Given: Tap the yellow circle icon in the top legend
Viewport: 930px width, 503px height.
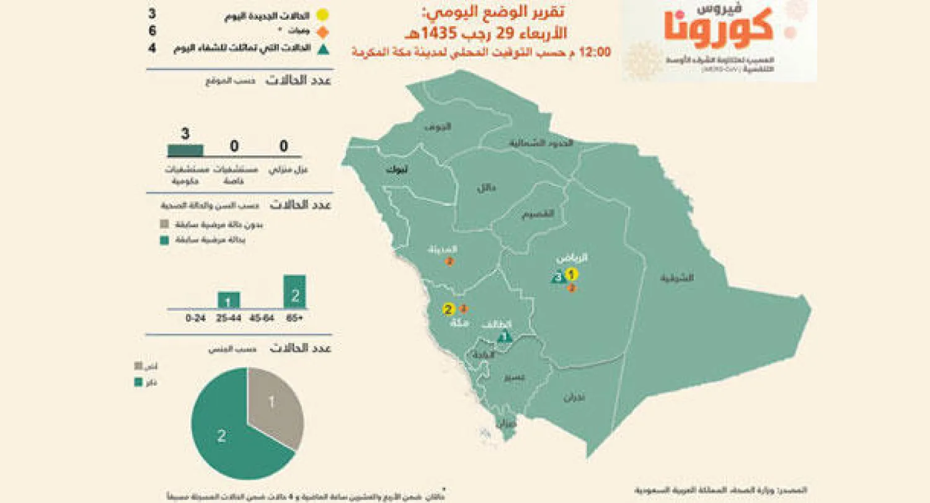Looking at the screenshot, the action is (x=321, y=15).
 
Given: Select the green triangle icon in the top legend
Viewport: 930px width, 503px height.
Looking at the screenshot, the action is (x=321, y=48).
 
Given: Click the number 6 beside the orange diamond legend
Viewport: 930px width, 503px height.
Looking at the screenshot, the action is (x=153, y=32).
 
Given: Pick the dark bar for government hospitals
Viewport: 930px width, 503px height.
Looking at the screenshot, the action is (x=185, y=150).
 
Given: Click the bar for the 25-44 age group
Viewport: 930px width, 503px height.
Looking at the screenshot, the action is (x=229, y=300).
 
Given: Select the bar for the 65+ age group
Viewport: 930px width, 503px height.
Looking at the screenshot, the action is (x=294, y=292).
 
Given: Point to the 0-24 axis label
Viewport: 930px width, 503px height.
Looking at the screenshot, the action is (x=195, y=318).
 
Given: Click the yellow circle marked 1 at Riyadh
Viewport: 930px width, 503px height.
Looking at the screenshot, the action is (x=572, y=274).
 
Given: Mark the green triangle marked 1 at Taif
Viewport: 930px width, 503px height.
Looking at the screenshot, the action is (x=505, y=337).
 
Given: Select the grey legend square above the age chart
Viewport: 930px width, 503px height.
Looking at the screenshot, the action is (x=164, y=225).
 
